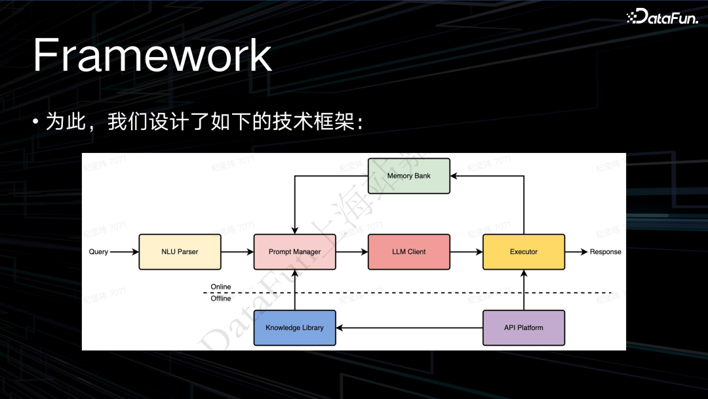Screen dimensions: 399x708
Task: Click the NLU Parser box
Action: pyautogui.click(x=180, y=252)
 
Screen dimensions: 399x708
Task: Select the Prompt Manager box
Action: pyautogui.click(x=294, y=252)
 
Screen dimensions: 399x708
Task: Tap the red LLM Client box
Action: pyautogui.click(x=408, y=252)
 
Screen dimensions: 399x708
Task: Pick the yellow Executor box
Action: pyautogui.click(x=523, y=252)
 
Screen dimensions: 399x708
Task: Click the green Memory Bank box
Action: pyautogui.click(x=408, y=176)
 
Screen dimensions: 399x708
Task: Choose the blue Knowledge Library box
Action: pyautogui.click(x=294, y=328)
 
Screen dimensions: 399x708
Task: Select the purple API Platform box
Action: pyautogui.click(x=523, y=328)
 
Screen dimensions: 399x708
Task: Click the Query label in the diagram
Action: pyautogui.click(x=98, y=252)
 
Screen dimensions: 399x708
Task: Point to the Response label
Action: pyautogui.click(x=605, y=252)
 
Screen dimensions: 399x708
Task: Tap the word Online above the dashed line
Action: pyautogui.click(x=221, y=287)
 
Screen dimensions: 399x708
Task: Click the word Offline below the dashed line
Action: pyautogui.click(x=221, y=299)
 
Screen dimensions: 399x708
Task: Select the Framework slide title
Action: pyautogui.click(x=152, y=56)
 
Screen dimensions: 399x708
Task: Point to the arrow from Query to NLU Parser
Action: pyautogui.click(x=124, y=252)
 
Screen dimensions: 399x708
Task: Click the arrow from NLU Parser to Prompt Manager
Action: pyautogui.click(x=237, y=252)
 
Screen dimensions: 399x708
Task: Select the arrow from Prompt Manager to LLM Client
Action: pyautogui.click(x=351, y=252)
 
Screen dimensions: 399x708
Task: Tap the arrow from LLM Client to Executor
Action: pyautogui.click(x=466, y=252)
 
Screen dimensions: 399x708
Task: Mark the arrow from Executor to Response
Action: pyautogui.click(x=576, y=252)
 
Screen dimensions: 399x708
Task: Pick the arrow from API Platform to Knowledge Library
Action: pyautogui.click(x=409, y=328)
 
